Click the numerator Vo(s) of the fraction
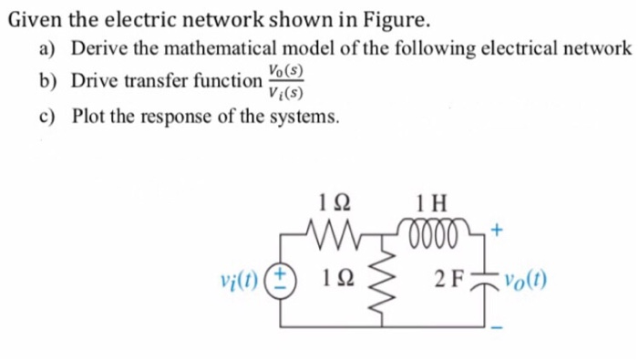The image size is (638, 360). click(x=285, y=70)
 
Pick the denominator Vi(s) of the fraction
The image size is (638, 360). click(x=285, y=91)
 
